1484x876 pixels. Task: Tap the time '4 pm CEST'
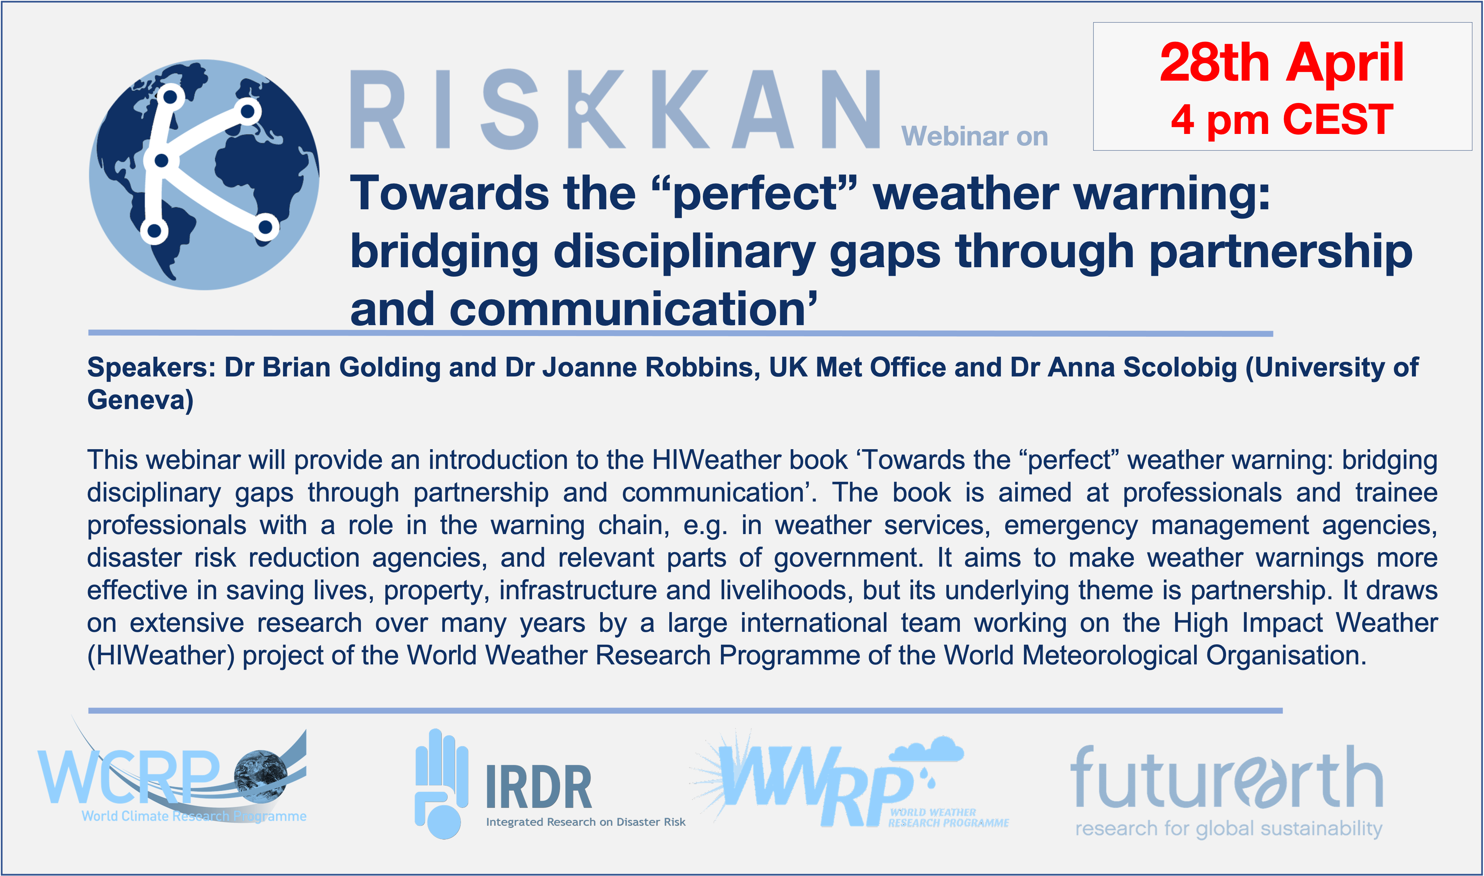[1282, 120]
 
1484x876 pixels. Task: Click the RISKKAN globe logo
[204, 175]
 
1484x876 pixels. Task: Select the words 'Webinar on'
[974, 136]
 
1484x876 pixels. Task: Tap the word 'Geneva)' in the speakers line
[141, 400]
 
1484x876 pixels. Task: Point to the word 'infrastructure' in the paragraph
[578, 590]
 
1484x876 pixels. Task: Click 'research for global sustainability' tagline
[1229, 828]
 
